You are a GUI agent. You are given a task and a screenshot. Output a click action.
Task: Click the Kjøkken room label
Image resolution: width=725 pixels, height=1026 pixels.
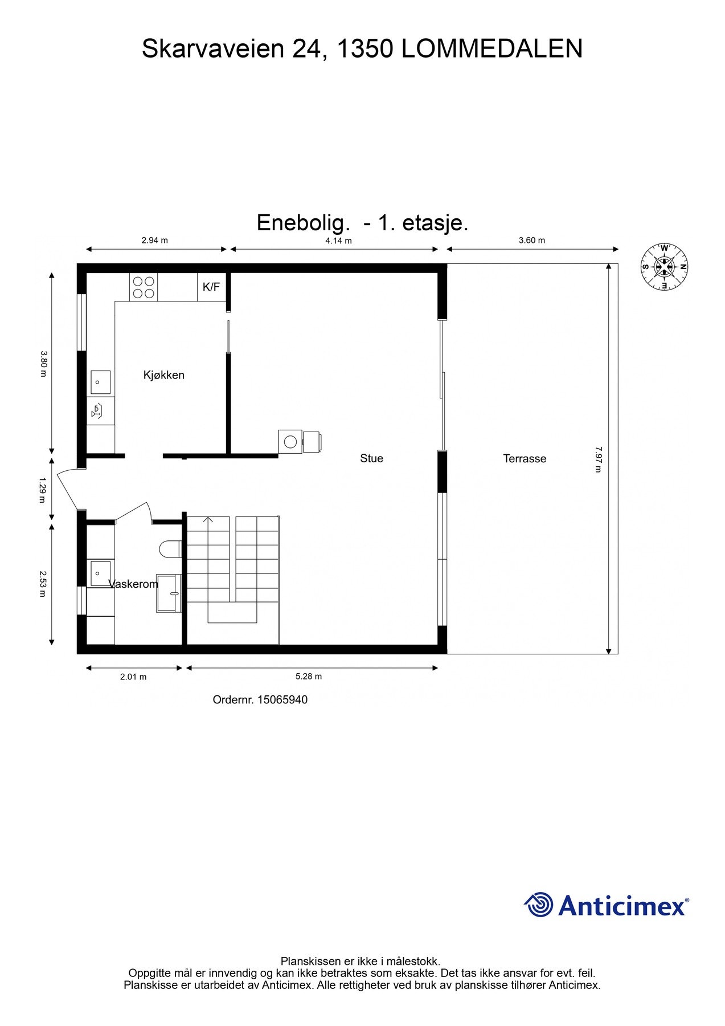pyautogui.click(x=163, y=375)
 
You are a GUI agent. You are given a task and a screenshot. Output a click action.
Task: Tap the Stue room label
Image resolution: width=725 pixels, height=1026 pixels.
pyautogui.click(x=371, y=458)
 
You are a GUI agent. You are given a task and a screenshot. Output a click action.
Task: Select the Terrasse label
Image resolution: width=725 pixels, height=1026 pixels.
pyautogui.click(x=525, y=458)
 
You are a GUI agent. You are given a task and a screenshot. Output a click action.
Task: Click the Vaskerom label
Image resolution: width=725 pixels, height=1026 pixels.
pyautogui.click(x=133, y=584)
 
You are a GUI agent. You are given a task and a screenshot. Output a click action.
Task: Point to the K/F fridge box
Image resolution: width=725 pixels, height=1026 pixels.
pyautogui.click(x=211, y=287)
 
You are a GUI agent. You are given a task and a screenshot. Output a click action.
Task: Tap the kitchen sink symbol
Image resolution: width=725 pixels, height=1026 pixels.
pyautogui.click(x=101, y=382)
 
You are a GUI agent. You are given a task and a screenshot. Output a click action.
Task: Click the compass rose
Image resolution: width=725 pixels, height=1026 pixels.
pyautogui.click(x=664, y=266)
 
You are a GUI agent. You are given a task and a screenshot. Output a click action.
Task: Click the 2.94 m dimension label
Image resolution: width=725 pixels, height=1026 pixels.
pyautogui.click(x=154, y=241)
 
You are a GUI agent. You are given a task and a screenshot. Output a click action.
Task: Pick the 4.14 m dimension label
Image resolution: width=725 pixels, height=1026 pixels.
pyautogui.click(x=338, y=241)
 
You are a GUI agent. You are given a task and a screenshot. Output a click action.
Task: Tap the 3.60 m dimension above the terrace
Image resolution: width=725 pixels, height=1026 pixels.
pyautogui.click(x=531, y=241)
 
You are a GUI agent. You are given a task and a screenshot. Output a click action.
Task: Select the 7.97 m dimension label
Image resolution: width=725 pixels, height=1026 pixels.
pyautogui.click(x=597, y=459)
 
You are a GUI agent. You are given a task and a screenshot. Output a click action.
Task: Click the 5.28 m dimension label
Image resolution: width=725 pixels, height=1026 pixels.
pyautogui.click(x=308, y=677)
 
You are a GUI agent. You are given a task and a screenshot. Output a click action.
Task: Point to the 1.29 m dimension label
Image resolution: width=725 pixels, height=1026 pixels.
pyautogui.click(x=42, y=490)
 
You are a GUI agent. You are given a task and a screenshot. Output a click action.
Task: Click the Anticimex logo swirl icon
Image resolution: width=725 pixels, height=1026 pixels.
pyautogui.click(x=538, y=905)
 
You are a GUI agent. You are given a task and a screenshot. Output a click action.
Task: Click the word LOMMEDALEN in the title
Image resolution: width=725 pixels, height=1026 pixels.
pyautogui.click(x=492, y=49)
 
